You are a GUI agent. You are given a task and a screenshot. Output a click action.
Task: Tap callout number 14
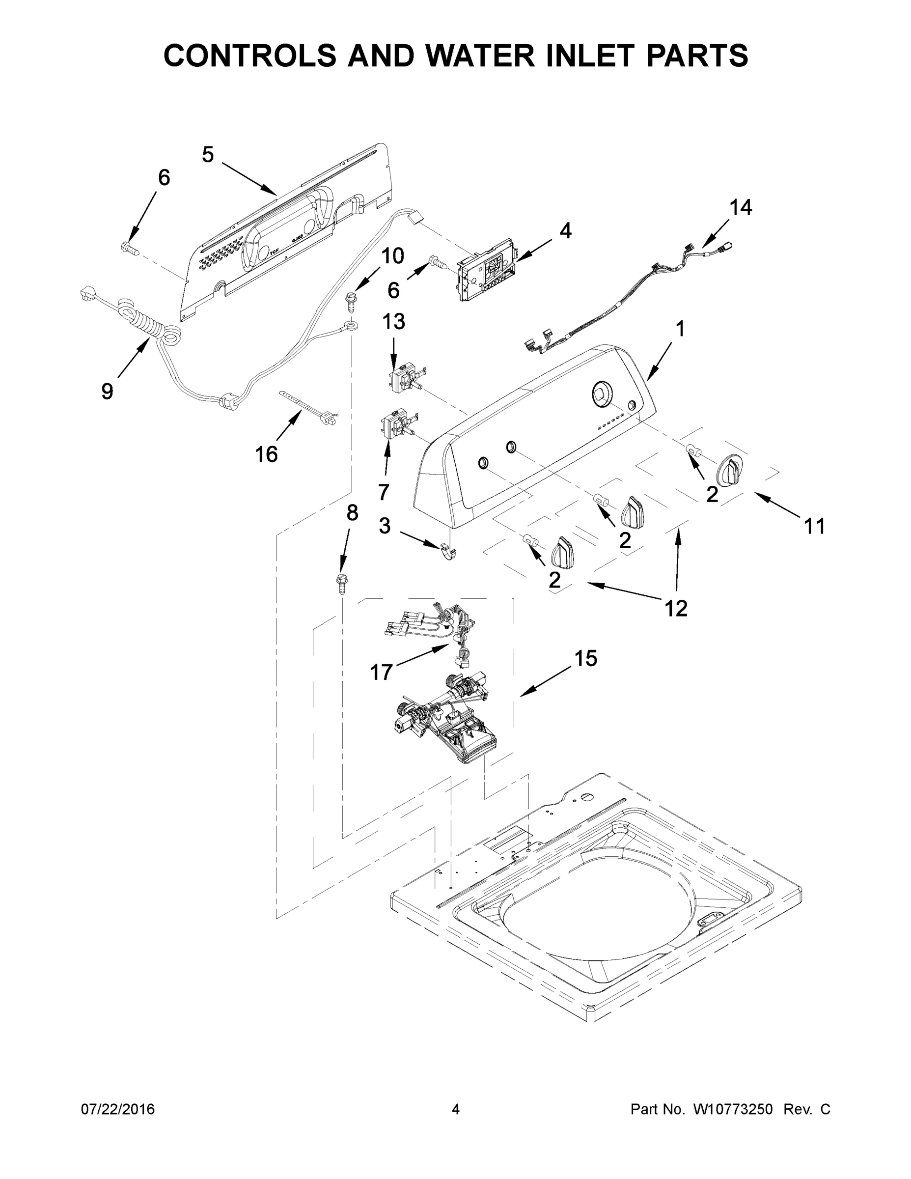741,207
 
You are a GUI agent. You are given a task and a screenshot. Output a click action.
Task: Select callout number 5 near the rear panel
208,155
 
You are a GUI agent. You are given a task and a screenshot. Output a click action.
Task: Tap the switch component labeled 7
396,424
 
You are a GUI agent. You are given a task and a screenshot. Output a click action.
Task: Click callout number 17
381,672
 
